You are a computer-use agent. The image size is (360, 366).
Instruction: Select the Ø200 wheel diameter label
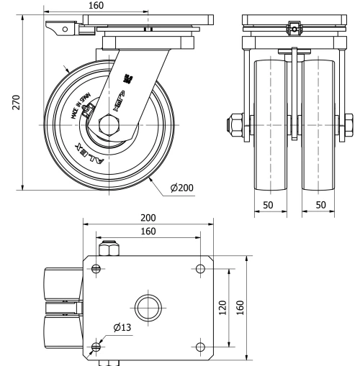click(x=182, y=188)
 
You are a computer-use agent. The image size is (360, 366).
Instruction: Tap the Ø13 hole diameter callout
click(x=122, y=328)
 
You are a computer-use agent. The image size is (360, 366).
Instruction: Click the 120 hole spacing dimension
click(x=223, y=308)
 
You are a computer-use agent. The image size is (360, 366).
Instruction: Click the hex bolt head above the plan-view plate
click(x=109, y=249)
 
